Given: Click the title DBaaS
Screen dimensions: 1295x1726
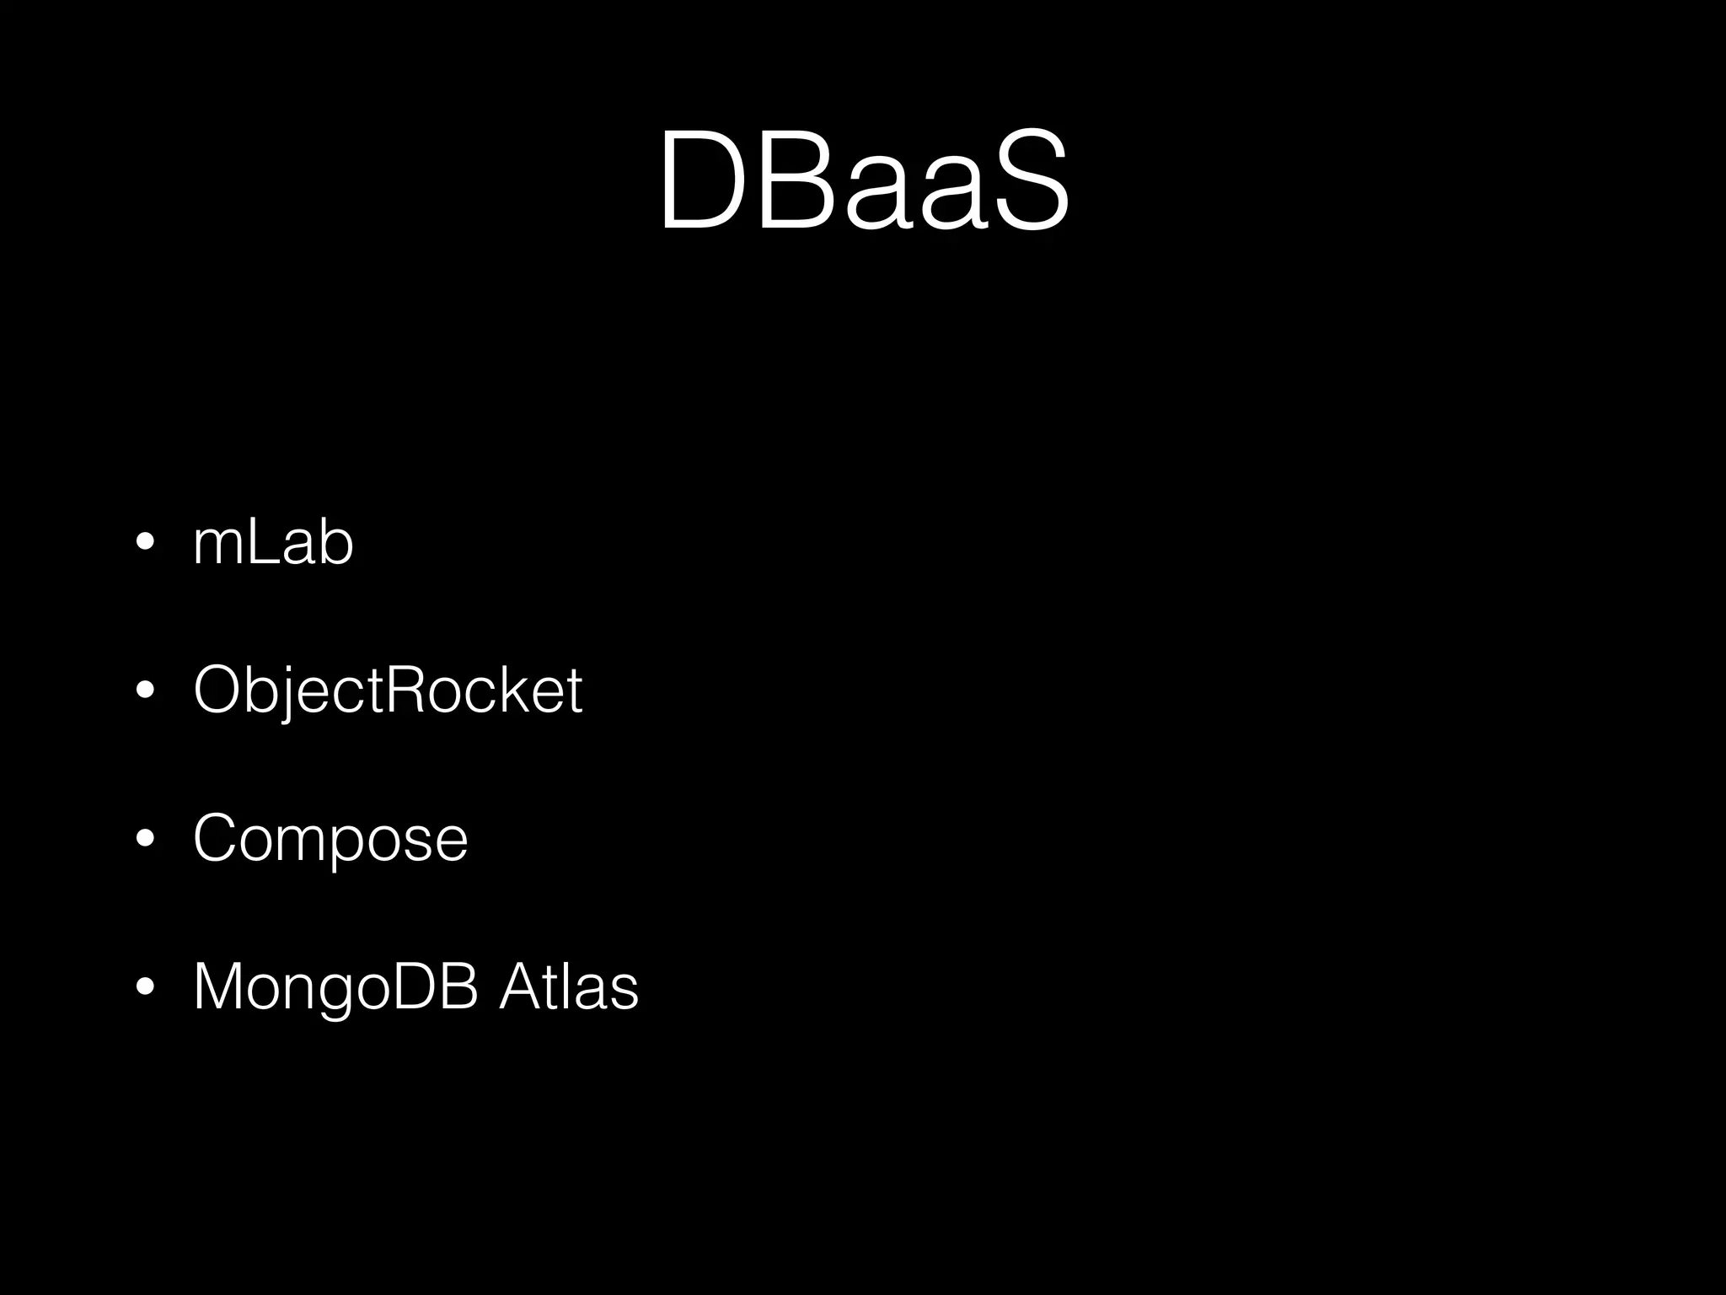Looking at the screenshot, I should click(x=863, y=180).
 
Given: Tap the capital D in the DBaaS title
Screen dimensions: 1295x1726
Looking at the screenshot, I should click(x=705, y=180).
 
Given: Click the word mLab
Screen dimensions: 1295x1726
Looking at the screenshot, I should click(x=273, y=543).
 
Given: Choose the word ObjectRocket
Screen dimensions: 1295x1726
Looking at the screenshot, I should click(x=388, y=690).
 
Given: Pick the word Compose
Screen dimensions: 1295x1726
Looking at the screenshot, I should click(x=330, y=838).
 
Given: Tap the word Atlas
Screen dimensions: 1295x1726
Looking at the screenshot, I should click(x=569, y=986).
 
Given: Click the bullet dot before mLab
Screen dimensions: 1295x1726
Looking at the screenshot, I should click(x=145, y=544).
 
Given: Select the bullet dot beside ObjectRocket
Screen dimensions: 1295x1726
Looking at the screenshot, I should click(x=145, y=691).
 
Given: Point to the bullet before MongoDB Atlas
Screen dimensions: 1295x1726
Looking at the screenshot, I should click(x=145, y=987).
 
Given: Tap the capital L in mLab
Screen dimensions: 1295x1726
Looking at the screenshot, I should click(x=260, y=543).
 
